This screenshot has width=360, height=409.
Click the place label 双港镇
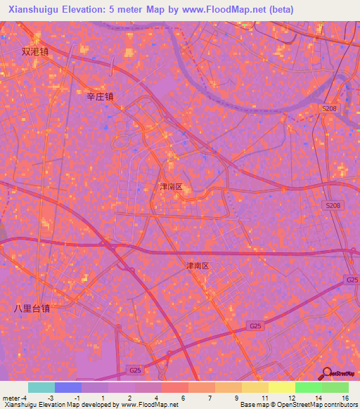tap(35, 51)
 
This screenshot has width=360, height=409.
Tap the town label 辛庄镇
tap(99, 97)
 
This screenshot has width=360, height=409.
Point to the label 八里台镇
tap(32, 308)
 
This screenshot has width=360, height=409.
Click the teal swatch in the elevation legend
tap(41, 387)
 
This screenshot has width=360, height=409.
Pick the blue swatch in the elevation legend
tap(68, 387)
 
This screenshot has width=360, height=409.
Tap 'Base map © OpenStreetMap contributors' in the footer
tap(298, 404)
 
